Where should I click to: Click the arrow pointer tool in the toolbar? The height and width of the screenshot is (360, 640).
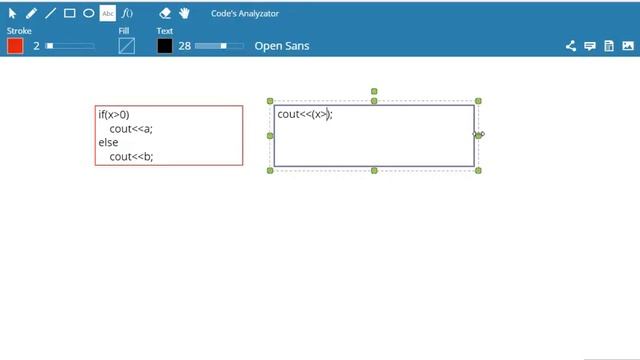tap(12, 13)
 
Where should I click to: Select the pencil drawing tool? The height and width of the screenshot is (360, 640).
tap(31, 13)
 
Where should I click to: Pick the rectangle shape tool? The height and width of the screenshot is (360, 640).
tap(69, 13)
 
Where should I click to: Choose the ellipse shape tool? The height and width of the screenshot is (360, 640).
tap(89, 13)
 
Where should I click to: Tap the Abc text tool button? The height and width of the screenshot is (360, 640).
tap(108, 13)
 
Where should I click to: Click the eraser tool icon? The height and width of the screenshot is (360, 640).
tap(165, 13)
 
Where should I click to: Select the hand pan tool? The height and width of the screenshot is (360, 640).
tap(184, 13)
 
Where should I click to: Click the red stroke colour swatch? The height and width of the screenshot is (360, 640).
tap(15, 46)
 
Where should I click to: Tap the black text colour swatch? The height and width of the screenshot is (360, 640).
tap(164, 46)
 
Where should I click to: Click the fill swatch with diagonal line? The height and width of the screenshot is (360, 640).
tap(127, 46)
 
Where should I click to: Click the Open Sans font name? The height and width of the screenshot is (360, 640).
tap(282, 46)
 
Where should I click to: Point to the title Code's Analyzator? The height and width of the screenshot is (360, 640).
tap(245, 13)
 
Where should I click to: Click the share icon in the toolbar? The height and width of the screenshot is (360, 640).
tap(571, 46)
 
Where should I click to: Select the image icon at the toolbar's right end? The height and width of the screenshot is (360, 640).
tap(628, 46)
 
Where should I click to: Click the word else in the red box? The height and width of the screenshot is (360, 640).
tap(108, 142)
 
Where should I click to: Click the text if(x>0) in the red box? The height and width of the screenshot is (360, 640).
tap(114, 115)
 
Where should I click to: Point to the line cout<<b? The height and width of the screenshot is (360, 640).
tap(131, 157)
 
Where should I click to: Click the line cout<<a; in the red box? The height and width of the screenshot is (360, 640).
tap(131, 129)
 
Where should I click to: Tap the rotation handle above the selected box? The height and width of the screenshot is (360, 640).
tap(374, 91)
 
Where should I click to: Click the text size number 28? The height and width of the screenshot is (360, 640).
tap(184, 46)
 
